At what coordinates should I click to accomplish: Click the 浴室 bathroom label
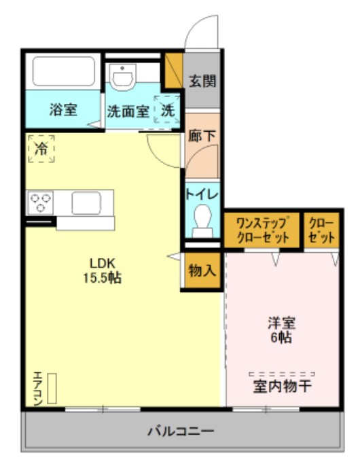click(63, 109)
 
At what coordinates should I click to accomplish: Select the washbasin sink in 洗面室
click(124, 77)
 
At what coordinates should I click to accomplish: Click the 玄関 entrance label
click(202, 81)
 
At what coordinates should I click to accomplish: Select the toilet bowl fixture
click(202, 221)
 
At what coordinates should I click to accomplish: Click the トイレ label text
click(202, 194)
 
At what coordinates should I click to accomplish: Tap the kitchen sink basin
click(86, 202)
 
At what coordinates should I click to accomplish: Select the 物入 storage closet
click(202, 270)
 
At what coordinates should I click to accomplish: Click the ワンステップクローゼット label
click(262, 230)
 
